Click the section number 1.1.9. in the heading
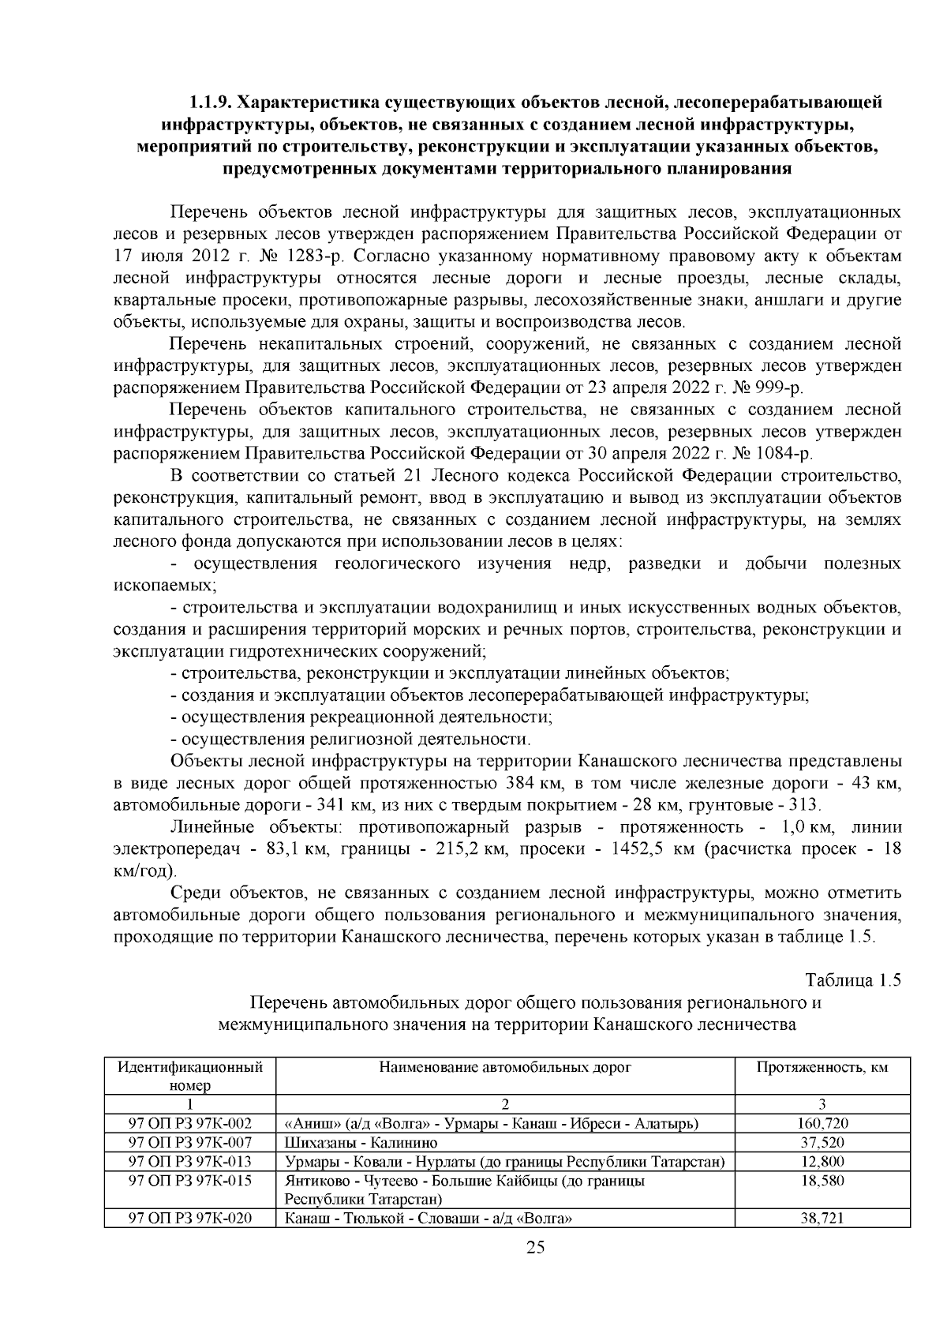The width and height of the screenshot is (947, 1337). point(210,103)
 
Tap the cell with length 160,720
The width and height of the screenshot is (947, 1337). point(822,1123)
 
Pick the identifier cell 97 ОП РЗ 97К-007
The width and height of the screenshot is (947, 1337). point(190,1142)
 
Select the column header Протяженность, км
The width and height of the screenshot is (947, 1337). point(822,1068)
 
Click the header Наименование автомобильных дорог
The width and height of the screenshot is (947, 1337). point(505,1068)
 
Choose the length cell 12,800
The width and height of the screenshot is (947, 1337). point(822,1161)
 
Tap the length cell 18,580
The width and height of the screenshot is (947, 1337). point(822,1181)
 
